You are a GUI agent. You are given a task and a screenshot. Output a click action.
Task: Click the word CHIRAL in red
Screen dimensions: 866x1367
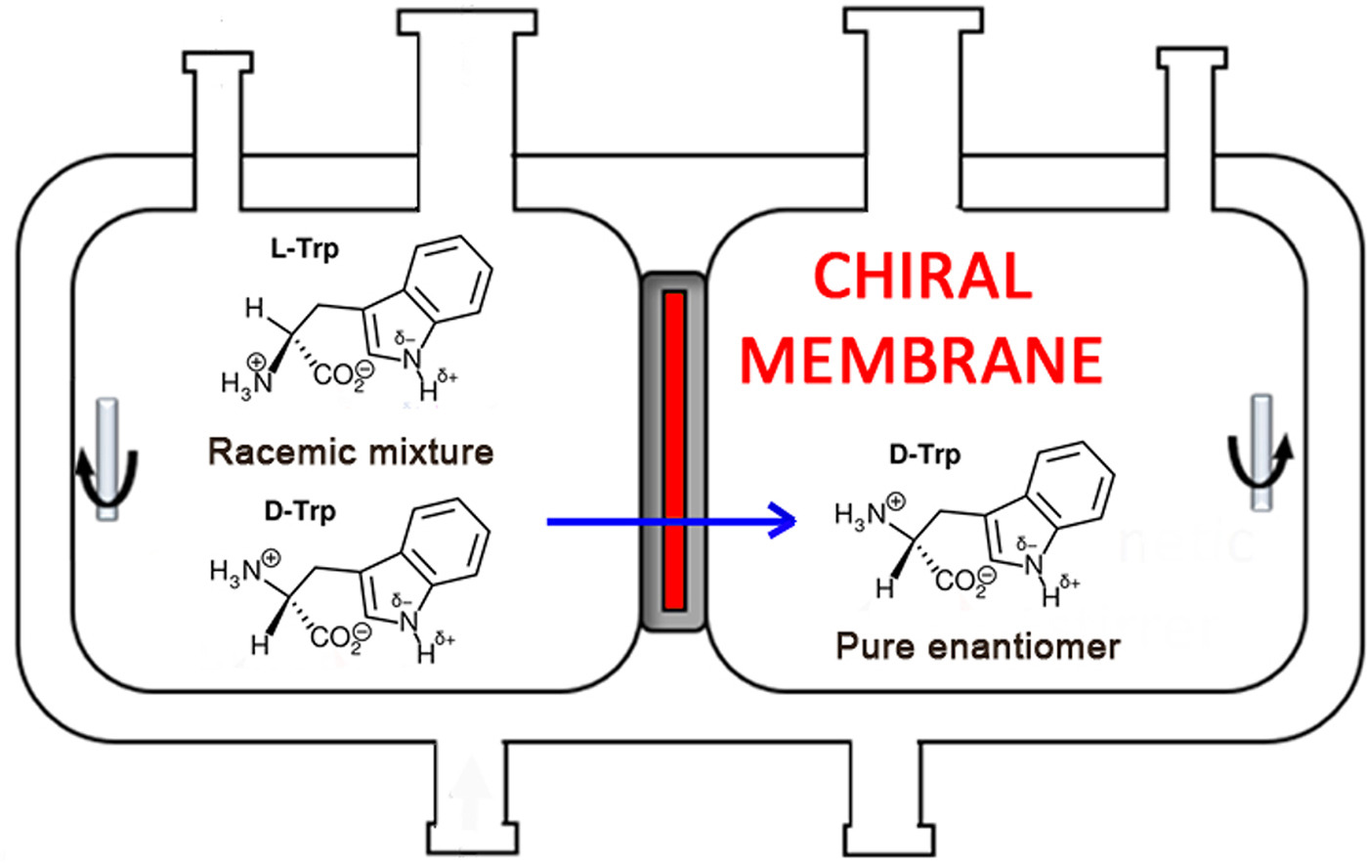[922, 277]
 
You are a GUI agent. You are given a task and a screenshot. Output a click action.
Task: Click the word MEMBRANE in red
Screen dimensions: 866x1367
[921, 359]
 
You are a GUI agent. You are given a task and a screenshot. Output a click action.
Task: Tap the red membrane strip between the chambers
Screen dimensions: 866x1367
[673, 450]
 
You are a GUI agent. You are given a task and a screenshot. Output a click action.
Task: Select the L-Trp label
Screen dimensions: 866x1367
[305, 249]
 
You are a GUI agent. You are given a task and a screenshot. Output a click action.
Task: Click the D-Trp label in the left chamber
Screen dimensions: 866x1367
[300, 511]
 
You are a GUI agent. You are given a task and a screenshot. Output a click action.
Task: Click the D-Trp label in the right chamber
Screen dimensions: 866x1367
[924, 455]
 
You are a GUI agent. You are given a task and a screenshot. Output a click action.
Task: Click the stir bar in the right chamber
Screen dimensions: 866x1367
[1261, 453]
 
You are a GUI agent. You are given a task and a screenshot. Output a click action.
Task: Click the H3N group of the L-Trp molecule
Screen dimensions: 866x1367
[244, 378]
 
